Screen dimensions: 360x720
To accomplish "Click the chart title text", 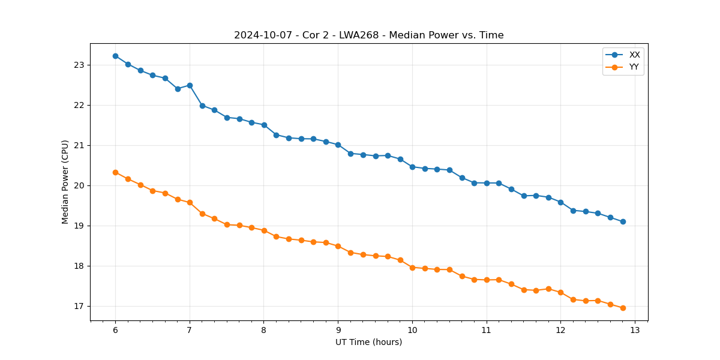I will (368, 35).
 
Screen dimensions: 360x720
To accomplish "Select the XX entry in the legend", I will (634, 55).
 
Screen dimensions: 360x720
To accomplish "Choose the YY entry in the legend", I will (634, 67).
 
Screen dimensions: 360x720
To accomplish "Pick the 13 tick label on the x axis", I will (635, 330).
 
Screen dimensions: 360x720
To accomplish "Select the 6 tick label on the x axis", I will (115, 330).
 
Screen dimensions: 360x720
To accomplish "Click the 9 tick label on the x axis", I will (338, 330).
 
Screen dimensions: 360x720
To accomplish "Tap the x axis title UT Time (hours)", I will (368, 342).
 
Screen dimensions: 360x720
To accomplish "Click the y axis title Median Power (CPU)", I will (65, 182).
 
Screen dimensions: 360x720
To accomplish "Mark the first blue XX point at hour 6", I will (115, 56).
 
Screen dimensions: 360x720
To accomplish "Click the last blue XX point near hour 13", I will (623, 221).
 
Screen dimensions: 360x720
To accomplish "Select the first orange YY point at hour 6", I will (115, 172).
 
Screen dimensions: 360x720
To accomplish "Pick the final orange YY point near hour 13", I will (623, 308).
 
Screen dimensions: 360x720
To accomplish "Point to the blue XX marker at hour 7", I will (190, 85).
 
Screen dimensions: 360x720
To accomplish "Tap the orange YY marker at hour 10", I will (412, 268).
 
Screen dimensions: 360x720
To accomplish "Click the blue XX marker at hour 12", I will (560, 202).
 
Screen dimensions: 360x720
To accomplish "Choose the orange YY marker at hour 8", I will (264, 230).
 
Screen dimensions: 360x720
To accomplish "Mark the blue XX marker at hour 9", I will (338, 145).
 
